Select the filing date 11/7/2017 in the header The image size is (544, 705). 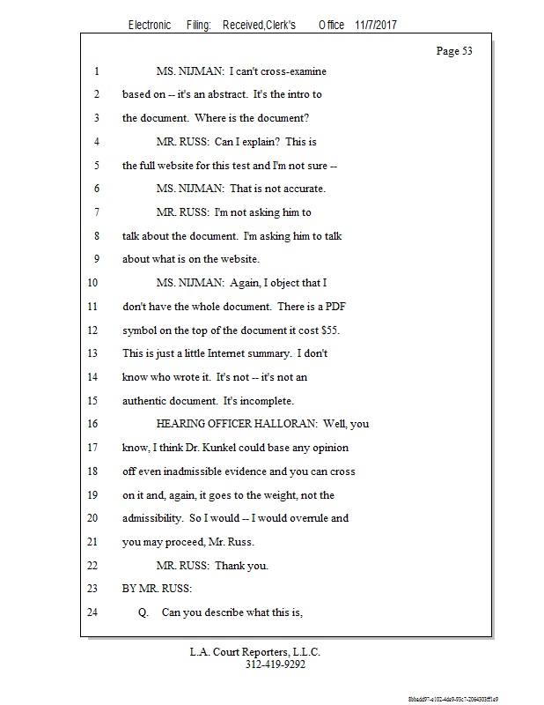pyautogui.click(x=376, y=25)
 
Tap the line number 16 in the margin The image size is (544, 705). pyautogui.click(x=94, y=424)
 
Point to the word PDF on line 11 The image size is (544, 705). pyautogui.click(x=345, y=307)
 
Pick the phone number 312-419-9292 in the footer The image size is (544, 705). pyautogui.click(x=276, y=664)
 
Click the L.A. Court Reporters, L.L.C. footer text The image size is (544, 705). pyautogui.click(x=255, y=652)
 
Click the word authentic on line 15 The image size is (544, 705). pyautogui.click(x=144, y=401)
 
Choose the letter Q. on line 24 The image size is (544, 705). pyautogui.click(x=143, y=612)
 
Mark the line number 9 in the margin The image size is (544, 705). pyautogui.click(x=94, y=260)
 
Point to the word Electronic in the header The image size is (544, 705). pyautogui.click(x=150, y=25)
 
